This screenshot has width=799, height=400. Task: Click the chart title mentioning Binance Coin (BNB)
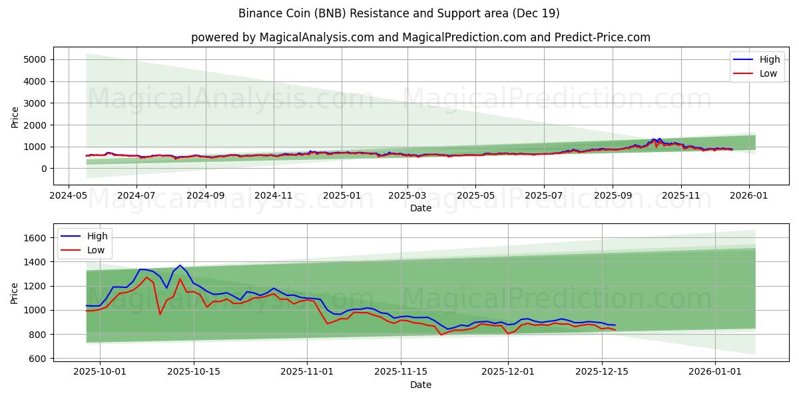click(x=399, y=13)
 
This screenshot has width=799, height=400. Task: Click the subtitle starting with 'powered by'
click(x=420, y=37)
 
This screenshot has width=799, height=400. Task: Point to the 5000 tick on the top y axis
click(x=35, y=59)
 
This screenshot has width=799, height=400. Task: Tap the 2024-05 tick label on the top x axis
click(x=69, y=195)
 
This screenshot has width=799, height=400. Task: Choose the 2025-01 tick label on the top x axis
click(x=342, y=195)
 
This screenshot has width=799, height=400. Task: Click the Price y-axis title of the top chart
click(x=15, y=117)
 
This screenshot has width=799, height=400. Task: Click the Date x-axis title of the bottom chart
click(x=420, y=385)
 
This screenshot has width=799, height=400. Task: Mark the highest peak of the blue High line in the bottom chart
click(x=180, y=265)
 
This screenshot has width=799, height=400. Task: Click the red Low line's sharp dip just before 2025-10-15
click(x=160, y=314)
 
